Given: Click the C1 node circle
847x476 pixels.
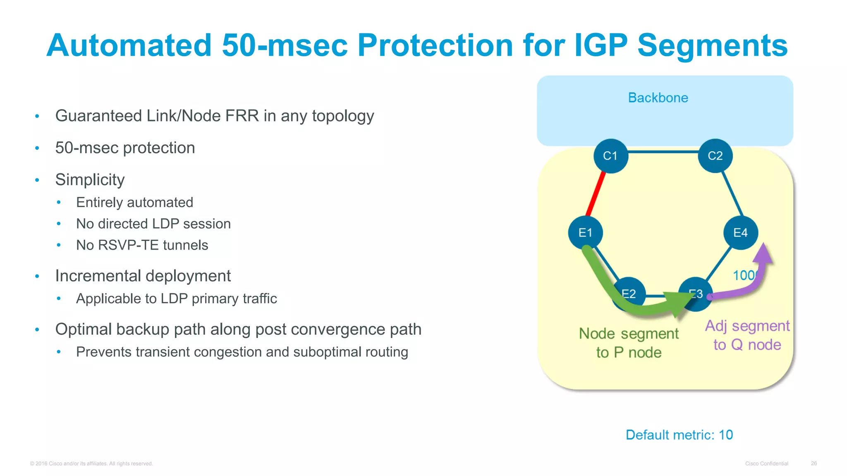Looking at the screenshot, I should pos(610,156).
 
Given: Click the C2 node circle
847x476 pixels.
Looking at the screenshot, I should pos(715,156).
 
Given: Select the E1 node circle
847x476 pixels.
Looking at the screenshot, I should pos(585,233).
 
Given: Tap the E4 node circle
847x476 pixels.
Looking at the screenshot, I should pos(740,233).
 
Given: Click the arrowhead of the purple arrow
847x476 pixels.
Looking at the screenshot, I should pos(763,252).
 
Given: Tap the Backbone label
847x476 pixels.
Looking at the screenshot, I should pos(658,98).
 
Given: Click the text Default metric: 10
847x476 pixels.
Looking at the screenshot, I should pos(679,435).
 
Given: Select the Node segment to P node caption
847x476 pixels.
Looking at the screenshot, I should pos(629,343).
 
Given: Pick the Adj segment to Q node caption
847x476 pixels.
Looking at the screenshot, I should pos(747,335).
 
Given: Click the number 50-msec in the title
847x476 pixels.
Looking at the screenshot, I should pos(285,45).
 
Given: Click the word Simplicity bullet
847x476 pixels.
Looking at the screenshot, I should pos(90,180).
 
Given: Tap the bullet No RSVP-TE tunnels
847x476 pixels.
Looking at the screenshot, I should pos(142,245).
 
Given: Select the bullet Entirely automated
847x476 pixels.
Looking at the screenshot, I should pos(134,202).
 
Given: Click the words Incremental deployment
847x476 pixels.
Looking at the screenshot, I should pos(143,276).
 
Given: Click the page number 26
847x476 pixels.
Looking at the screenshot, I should pos(814,464).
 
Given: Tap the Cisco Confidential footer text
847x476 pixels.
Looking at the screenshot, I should pos(766,464).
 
